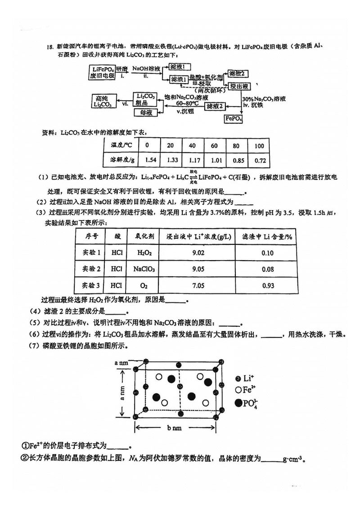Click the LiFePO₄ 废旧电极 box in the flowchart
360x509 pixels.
(x=103, y=72)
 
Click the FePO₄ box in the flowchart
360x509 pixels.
(x=234, y=119)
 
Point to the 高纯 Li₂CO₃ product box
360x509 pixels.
(x=103, y=101)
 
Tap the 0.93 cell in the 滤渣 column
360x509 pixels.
(x=267, y=285)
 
